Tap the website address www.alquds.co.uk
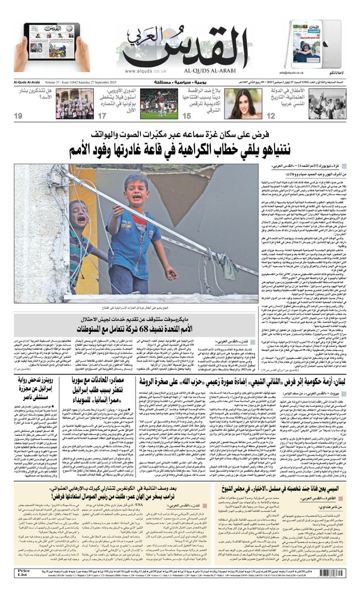(x=145, y=71)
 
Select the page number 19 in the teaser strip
(x=19, y=116)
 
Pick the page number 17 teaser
(x=102, y=116)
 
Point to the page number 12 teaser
(x=271, y=116)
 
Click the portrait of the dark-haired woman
(x=244, y=103)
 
